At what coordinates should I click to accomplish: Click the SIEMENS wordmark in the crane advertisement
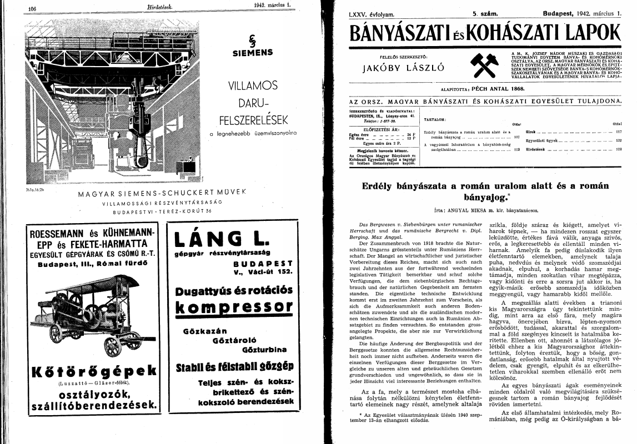(x=252, y=54)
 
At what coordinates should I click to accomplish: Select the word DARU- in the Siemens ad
(x=252, y=103)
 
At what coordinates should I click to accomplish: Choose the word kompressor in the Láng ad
(x=234, y=307)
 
